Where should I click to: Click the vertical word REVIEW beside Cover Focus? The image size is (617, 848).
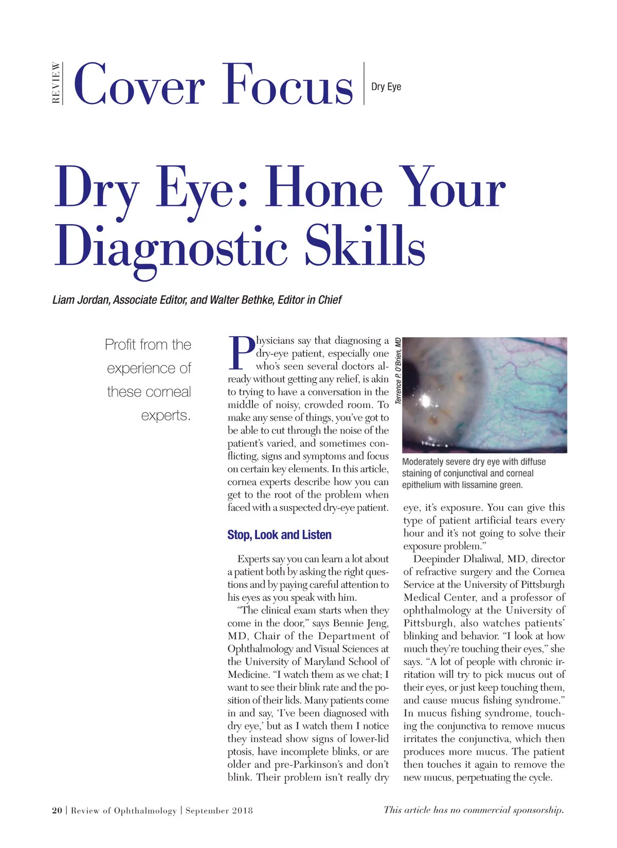[56, 83]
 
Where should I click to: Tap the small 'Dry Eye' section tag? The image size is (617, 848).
[386, 87]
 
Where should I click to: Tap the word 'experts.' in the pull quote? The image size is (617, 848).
[166, 415]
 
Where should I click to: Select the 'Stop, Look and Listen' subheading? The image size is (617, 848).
[279, 535]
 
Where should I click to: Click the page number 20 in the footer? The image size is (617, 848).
[57, 810]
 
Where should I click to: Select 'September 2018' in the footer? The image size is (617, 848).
[219, 810]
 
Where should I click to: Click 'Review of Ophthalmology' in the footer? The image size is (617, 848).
[123, 810]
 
